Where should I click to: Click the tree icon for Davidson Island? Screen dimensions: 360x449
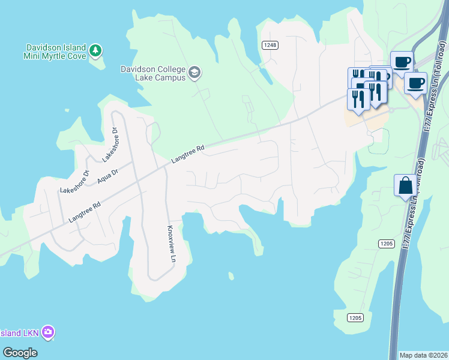95,52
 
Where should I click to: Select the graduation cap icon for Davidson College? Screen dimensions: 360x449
194,73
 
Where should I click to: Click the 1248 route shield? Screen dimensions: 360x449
270,45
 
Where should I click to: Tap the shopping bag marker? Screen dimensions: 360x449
405,186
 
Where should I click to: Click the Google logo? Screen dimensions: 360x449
20,352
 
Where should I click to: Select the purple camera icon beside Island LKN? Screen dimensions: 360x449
48,332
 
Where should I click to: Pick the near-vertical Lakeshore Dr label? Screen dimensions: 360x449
112,145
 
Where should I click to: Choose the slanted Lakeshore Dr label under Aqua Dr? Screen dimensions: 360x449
74,182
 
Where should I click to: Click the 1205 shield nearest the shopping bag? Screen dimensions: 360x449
387,243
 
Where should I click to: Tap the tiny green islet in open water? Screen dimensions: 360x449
231,276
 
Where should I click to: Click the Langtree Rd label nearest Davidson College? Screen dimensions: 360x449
187,154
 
